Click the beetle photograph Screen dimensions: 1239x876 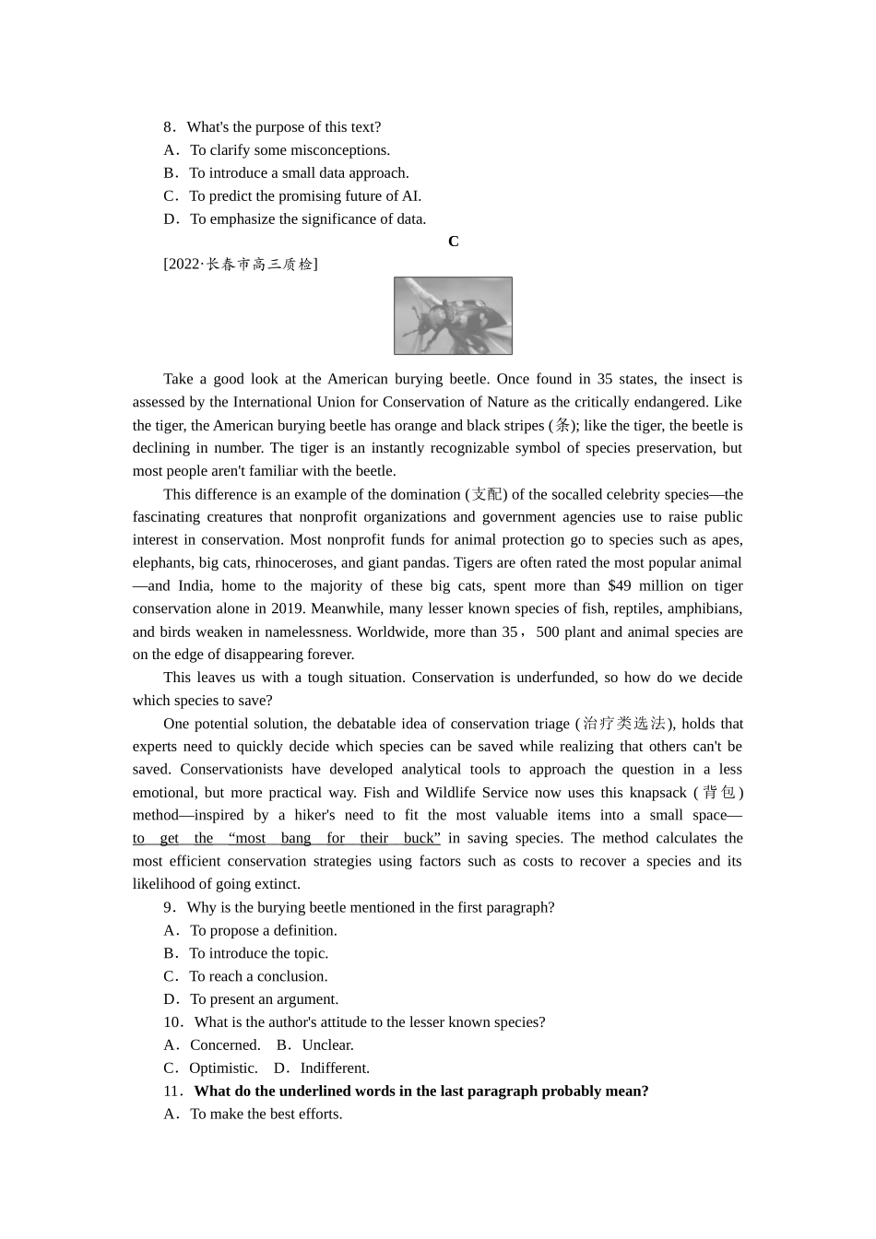pos(453,316)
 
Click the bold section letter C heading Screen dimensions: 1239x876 pos(453,242)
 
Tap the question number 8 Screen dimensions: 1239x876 pos(169,127)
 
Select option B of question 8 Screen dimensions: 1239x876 pos(298,173)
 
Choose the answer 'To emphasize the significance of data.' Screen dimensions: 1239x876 pos(307,219)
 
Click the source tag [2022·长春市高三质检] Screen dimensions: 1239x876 pos(241,265)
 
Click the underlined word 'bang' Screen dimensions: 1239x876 pos(296,839)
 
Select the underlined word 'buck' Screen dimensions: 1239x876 pos(419,839)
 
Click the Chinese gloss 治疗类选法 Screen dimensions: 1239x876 pos(624,724)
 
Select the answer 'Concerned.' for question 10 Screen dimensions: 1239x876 pos(224,1045)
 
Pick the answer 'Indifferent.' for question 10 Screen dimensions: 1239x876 pos(334,1068)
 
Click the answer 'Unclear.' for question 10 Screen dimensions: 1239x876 pos(327,1045)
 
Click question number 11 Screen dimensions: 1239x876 pos(172,1091)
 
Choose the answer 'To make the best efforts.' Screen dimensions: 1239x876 pos(266,1115)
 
